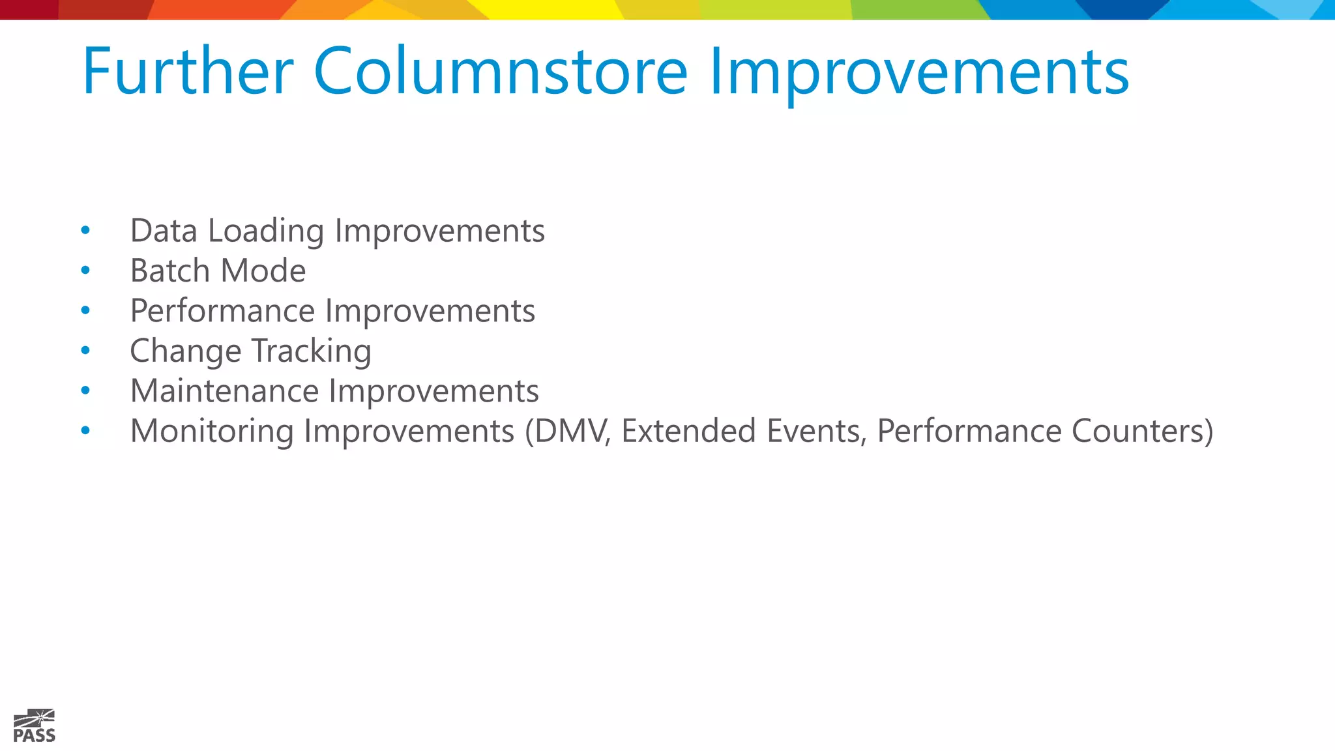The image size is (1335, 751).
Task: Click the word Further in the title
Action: pos(188,71)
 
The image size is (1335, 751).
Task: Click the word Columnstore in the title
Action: pos(500,71)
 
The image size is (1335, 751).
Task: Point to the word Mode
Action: pos(264,271)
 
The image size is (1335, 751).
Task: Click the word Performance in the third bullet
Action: pos(222,312)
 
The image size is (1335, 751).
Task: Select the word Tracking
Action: pos(312,352)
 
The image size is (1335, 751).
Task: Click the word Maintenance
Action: pos(224,391)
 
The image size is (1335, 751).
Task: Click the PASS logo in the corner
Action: pos(35,726)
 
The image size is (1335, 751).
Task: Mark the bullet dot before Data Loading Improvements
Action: pos(85,230)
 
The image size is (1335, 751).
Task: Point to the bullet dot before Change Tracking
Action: pos(85,351)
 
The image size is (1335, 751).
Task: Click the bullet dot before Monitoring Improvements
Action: pos(85,430)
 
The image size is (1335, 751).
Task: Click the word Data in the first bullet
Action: pos(164,231)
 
